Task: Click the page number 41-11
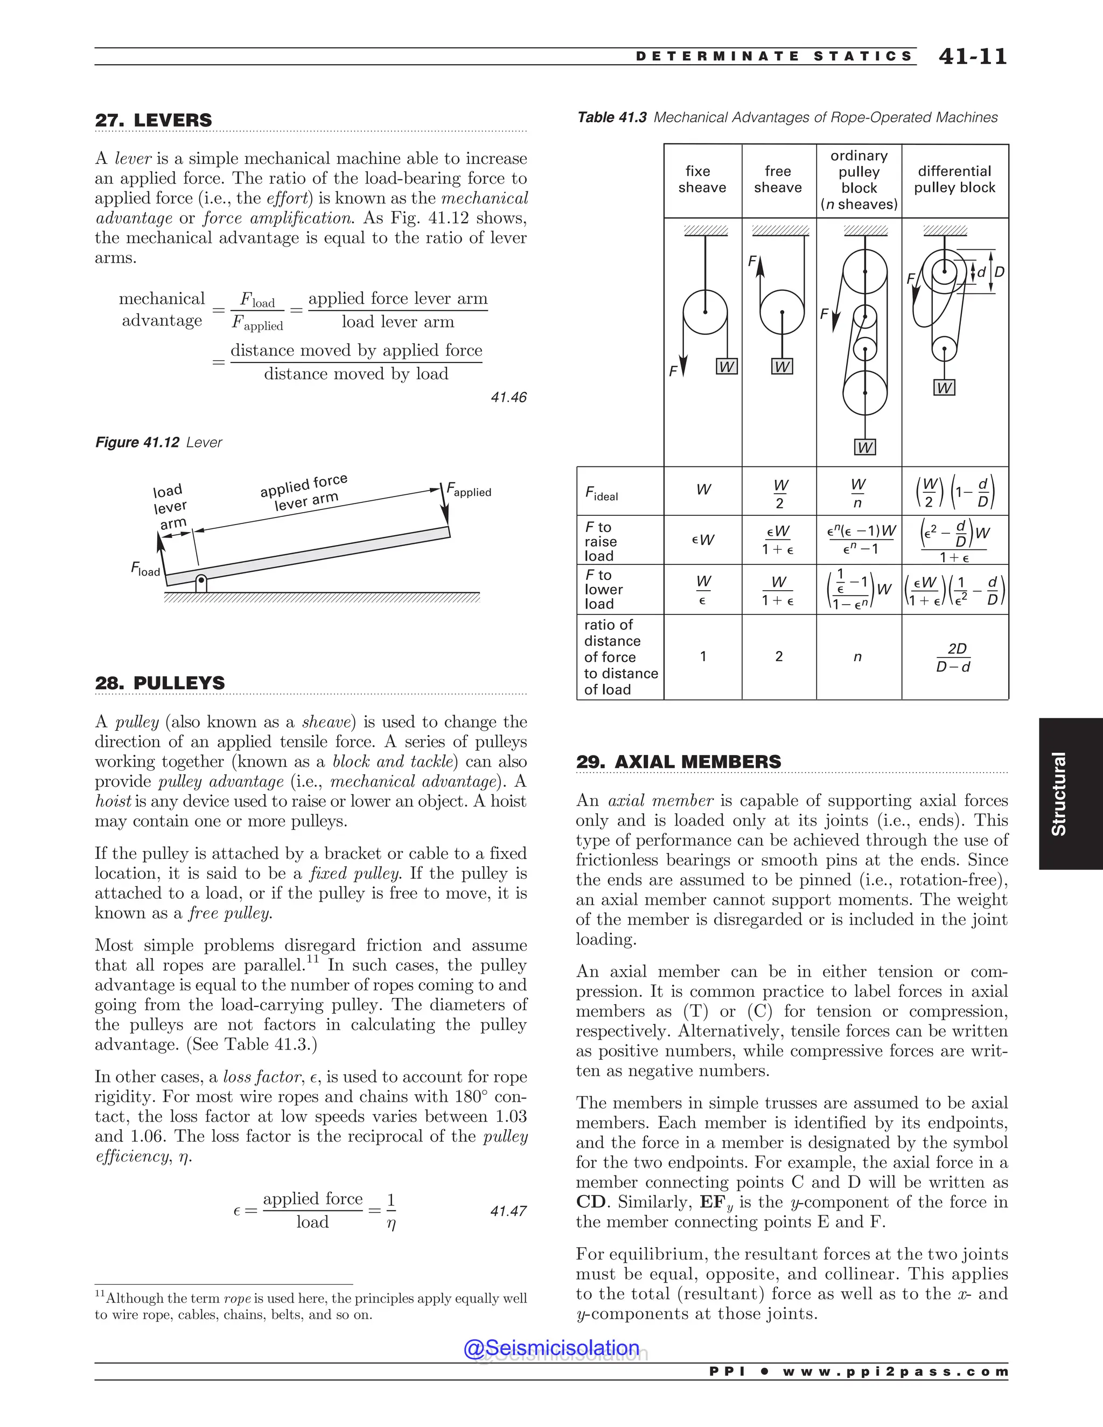tap(972, 56)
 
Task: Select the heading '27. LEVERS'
tap(153, 120)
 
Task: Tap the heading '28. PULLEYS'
tap(159, 683)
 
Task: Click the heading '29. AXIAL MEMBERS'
tap(678, 762)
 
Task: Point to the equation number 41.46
tap(508, 397)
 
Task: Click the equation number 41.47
tap(508, 1211)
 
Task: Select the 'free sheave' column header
tap(778, 180)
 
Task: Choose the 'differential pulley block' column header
tap(955, 180)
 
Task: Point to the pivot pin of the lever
tap(201, 579)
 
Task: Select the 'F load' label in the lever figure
tap(145, 570)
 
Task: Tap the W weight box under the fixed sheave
tap(726, 367)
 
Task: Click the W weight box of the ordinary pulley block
tap(864, 447)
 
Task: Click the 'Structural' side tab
tap(1058, 793)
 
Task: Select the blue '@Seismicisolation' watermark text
tap(551, 1348)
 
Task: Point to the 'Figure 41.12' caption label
tap(137, 442)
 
